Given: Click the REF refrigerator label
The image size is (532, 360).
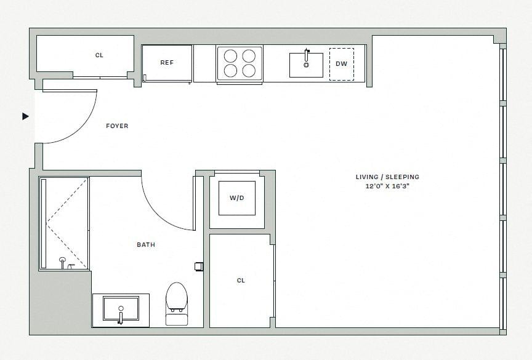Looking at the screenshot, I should [167, 63].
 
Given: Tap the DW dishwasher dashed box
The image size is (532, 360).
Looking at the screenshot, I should [341, 64].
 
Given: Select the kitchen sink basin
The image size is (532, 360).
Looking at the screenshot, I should [306, 65].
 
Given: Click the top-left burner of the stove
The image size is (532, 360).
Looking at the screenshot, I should [230, 56].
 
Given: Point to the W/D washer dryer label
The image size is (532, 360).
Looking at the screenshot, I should [237, 198].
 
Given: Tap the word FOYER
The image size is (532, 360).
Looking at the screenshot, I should [117, 126].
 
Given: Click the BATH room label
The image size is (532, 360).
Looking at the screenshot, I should [146, 245].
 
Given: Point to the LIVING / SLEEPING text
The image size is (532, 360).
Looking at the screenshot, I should [387, 177].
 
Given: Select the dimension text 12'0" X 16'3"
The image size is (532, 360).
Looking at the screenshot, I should [387, 185].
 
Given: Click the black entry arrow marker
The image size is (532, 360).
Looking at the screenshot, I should [25, 116].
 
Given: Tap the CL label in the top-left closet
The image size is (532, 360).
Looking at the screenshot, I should [99, 55].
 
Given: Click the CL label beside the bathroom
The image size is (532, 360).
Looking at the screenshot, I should [241, 281].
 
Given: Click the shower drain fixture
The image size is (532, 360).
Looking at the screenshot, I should [63, 261].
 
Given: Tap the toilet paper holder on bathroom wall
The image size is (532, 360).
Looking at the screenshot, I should [199, 266].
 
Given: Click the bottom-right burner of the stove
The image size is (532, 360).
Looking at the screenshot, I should [249, 70].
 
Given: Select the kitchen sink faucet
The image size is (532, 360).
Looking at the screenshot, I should [306, 55].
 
